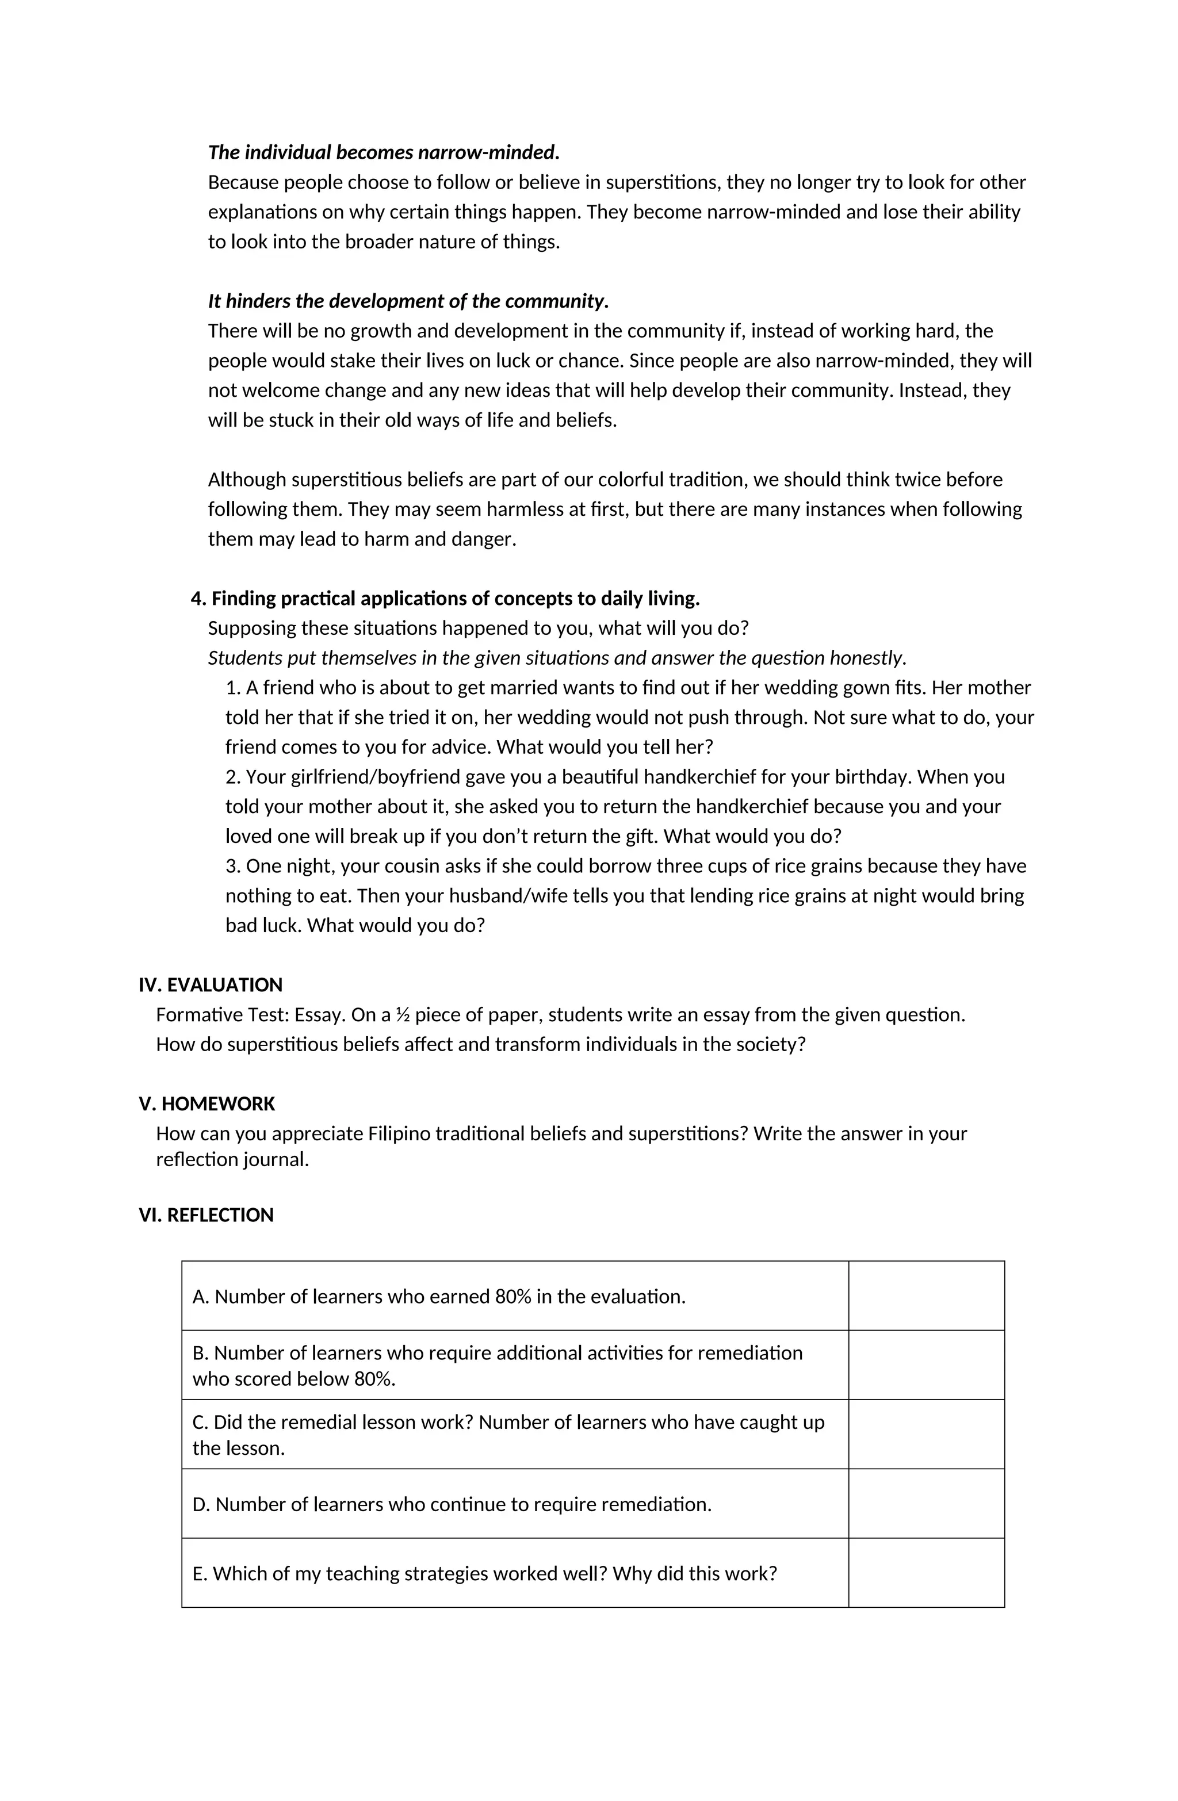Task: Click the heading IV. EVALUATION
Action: coord(210,984)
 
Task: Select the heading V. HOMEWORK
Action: coord(206,1103)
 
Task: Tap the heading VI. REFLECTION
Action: coord(205,1214)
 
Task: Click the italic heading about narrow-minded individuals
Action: coord(383,152)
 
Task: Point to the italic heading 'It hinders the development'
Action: coord(407,301)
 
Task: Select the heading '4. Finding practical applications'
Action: coord(445,599)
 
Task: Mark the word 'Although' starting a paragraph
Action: coord(247,480)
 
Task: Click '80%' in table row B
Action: coord(373,1379)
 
